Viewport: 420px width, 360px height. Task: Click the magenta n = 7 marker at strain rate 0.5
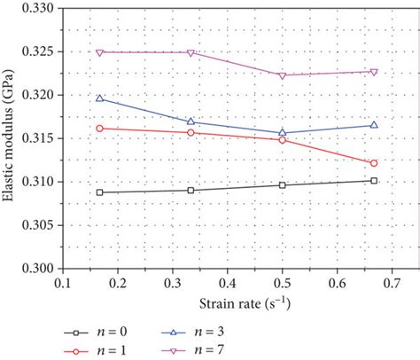coord(282,75)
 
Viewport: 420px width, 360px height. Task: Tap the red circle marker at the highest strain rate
coord(374,163)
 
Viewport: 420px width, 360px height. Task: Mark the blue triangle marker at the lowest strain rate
coord(99,98)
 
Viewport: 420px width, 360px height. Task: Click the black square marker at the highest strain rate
coord(374,181)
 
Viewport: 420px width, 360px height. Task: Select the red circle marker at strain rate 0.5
coord(282,140)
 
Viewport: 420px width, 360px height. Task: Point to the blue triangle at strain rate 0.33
coord(191,121)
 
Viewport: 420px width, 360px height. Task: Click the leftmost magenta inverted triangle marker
coord(99,52)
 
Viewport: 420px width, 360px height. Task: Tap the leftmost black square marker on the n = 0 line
coord(99,192)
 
